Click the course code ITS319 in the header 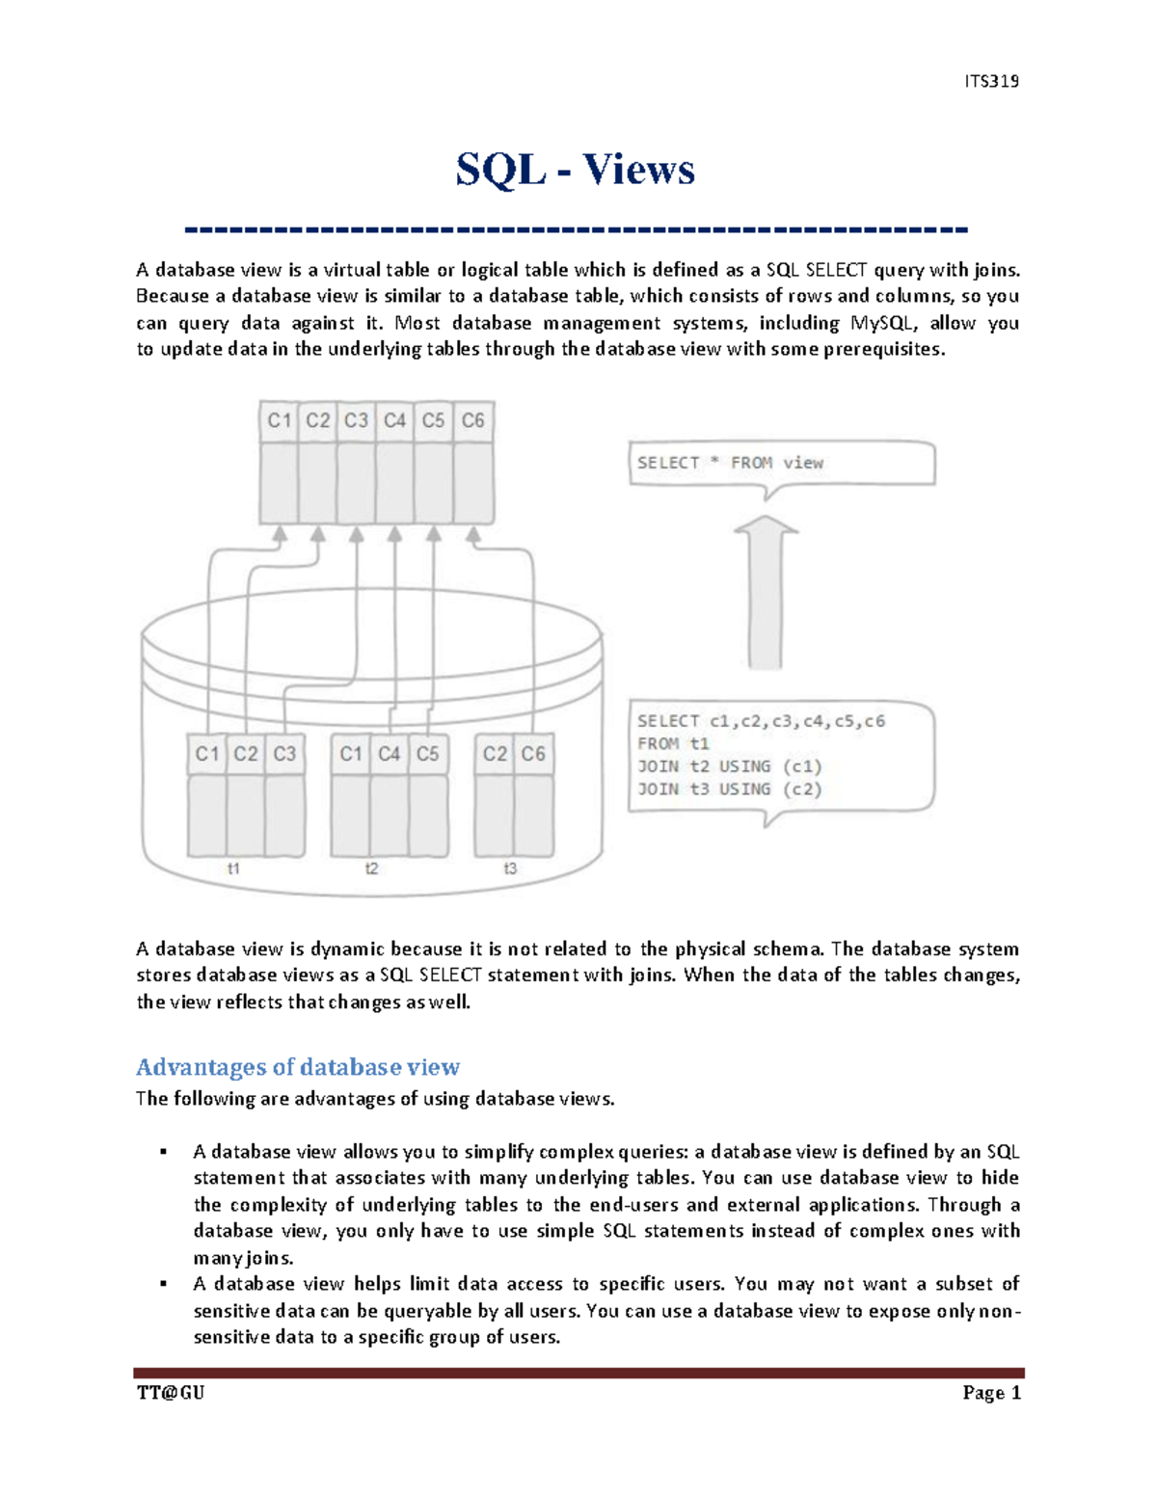click(x=991, y=81)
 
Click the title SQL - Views click(x=576, y=170)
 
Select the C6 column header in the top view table click(x=472, y=420)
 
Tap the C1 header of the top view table click(x=280, y=420)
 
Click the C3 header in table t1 click(x=284, y=754)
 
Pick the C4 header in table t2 click(x=390, y=754)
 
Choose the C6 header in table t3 click(x=533, y=754)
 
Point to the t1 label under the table click(x=233, y=869)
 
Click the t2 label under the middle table click(x=371, y=869)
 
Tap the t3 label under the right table click(x=510, y=869)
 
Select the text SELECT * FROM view click(x=730, y=463)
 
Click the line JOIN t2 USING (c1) click(x=729, y=766)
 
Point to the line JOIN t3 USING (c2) click(x=729, y=789)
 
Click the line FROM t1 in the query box click(x=673, y=744)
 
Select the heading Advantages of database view click(x=298, y=1067)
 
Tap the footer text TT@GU click(x=171, y=1393)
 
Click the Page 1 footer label click(x=991, y=1393)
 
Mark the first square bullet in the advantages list click(x=164, y=1152)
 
